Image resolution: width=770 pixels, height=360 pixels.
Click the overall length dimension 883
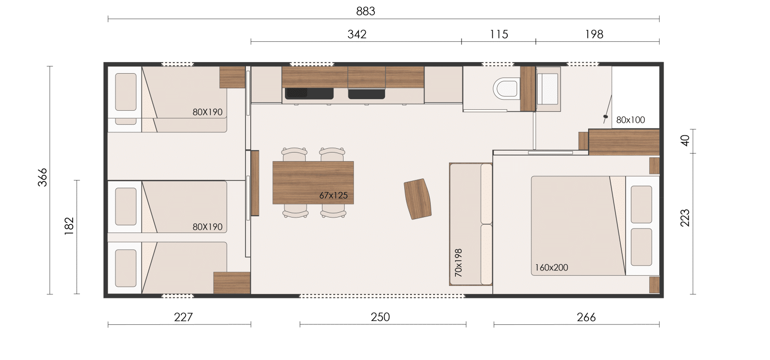[x=365, y=12]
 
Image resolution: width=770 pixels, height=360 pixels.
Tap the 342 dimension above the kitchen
[x=357, y=34]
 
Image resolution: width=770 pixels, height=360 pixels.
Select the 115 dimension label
[x=499, y=34]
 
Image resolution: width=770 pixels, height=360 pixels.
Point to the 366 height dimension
[x=42, y=178]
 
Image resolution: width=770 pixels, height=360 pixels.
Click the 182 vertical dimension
[x=69, y=226]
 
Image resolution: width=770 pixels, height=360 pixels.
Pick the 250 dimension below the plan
[x=380, y=317]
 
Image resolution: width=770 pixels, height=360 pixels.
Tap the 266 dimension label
[x=586, y=317]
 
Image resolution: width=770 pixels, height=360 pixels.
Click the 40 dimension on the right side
[x=685, y=141]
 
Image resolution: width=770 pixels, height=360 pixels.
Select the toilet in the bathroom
[x=505, y=89]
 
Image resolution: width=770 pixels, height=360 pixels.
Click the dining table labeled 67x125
[x=313, y=182]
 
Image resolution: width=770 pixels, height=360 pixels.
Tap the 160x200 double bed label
[x=552, y=268]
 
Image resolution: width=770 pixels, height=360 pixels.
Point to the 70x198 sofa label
[x=458, y=263]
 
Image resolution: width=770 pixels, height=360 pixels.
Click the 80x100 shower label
[x=630, y=120]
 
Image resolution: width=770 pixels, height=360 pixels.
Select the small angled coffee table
[x=418, y=199]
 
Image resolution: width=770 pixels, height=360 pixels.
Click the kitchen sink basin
[x=309, y=93]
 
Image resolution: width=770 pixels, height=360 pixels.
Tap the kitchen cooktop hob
[x=366, y=93]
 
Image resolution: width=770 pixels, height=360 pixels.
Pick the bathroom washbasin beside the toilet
[x=548, y=89]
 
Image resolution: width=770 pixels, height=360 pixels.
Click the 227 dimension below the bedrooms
[x=183, y=317]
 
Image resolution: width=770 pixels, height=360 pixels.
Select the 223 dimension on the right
[x=685, y=218]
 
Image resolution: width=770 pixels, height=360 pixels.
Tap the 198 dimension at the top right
[x=594, y=34]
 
